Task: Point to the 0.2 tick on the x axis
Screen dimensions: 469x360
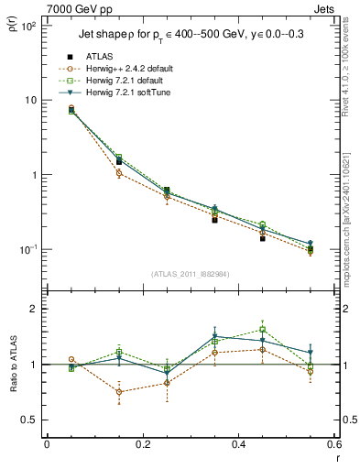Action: (x=142, y=445)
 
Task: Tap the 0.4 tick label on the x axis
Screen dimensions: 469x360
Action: (x=238, y=445)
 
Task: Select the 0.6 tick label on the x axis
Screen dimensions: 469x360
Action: (x=333, y=445)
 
